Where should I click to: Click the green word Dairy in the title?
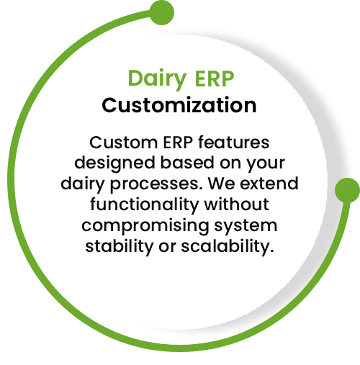(157, 78)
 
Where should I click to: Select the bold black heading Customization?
(179, 105)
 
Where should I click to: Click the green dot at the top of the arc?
(162, 12)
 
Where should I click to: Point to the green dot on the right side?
(347, 190)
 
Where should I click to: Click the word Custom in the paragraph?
(124, 143)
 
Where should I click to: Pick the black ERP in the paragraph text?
(178, 143)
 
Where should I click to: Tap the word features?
(234, 142)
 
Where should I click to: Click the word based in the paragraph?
(187, 163)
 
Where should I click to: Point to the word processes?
(156, 184)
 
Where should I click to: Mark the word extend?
(269, 184)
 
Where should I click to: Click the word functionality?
(144, 204)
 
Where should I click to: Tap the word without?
(236, 204)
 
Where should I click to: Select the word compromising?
(145, 226)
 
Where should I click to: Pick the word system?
(246, 226)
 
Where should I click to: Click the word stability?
(119, 246)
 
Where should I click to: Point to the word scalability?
(228, 246)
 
